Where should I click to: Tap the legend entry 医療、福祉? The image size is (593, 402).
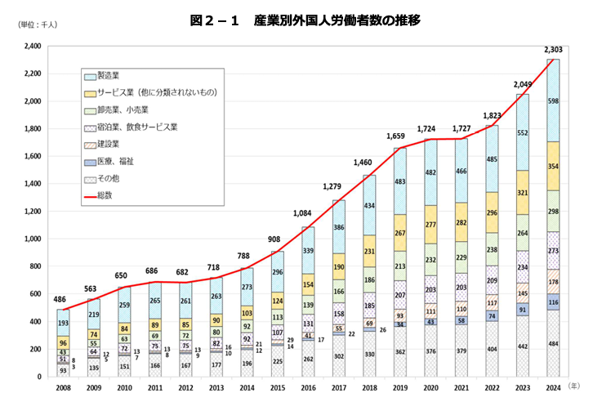pyautogui.click(x=114, y=161)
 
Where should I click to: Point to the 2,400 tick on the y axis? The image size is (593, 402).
pyautogui.click(x=32, y=46)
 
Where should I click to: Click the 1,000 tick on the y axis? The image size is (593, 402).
pyautogui.click(x=32, y=239)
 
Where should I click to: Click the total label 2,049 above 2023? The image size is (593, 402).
pyautogui.click(x=523, y=83)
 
